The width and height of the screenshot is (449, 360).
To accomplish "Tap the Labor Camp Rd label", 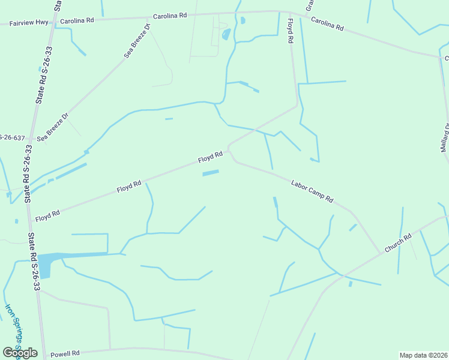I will [312, 191].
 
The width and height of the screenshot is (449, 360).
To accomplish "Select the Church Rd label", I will [399, 242].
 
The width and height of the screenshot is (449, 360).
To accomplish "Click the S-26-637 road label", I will [12, 138].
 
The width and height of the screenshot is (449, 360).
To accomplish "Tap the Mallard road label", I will [445, 137].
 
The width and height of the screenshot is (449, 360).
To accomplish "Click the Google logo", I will [20, 353].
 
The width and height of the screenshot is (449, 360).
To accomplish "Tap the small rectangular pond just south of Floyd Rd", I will [210, 173].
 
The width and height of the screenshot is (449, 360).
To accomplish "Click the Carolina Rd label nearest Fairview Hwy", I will [77, 20].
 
